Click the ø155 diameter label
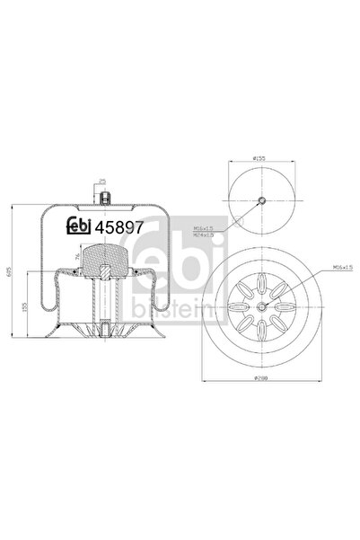tap(259, 158)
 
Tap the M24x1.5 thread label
tap(214, 236)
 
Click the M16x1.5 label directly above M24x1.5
tap(214, 230)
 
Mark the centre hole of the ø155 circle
tap(259, 200)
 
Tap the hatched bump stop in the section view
tap(105, 267)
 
